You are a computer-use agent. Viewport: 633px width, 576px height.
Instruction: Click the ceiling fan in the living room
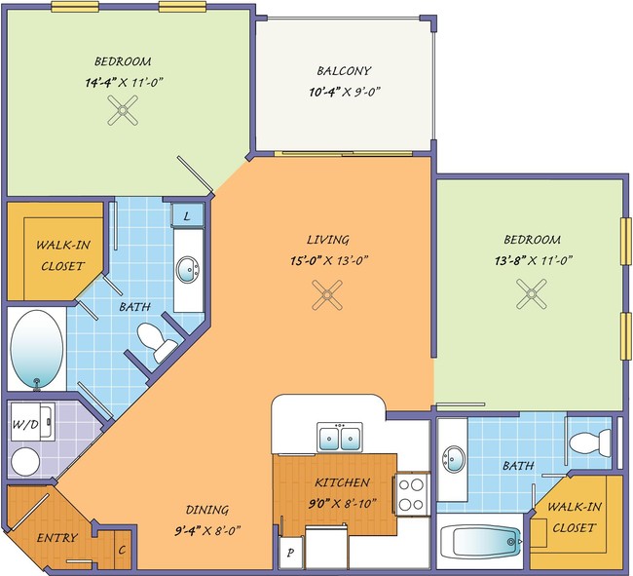(x=327, y=295)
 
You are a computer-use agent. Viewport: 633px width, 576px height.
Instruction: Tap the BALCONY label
(x=344, y=71)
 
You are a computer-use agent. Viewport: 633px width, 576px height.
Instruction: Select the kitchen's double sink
(x=340, y=438)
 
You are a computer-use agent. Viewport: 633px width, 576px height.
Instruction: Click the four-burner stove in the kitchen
(x=411, y=493)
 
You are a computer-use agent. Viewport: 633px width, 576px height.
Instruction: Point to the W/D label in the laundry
(x=25, y=424)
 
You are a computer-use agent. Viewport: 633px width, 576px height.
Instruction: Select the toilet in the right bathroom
(x=590, y=443)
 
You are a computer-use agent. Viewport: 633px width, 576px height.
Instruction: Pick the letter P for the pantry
(x=290, y=553)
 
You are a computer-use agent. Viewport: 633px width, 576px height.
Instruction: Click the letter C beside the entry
(x=122, y=550)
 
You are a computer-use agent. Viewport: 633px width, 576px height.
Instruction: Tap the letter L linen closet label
(x=187, y=216)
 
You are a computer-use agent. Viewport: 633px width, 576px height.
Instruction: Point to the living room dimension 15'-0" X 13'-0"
(x=329, y=260)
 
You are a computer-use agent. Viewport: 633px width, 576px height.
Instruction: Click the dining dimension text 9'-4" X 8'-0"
(x=207, y=530)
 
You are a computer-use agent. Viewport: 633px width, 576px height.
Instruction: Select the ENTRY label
(x=56, y=538)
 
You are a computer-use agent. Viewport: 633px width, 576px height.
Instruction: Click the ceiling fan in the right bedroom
(x=532, y=293)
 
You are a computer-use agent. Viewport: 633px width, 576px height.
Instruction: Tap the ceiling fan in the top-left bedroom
(x=123, y=110)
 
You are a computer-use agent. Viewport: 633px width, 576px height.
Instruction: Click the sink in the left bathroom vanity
(x=188, y=269)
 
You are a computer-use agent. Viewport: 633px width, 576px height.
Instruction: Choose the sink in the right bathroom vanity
(x=454, y=459)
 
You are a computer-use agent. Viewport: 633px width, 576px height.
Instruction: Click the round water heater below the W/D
(x=25, y=461)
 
